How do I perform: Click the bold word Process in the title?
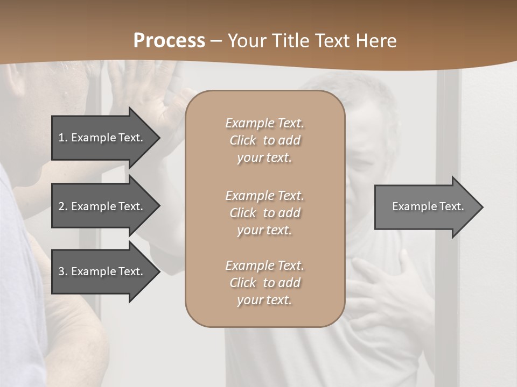(169, 40)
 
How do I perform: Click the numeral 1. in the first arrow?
(62, 138)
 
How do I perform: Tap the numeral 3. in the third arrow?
(62, 271)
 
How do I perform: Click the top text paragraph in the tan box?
(264, 140)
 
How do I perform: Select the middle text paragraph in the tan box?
(264, 213)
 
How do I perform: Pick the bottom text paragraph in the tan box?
(264, 283)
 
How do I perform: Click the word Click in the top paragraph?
(242, 140)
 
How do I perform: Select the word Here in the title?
(376, 40)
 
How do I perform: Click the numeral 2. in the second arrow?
(62, 206)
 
